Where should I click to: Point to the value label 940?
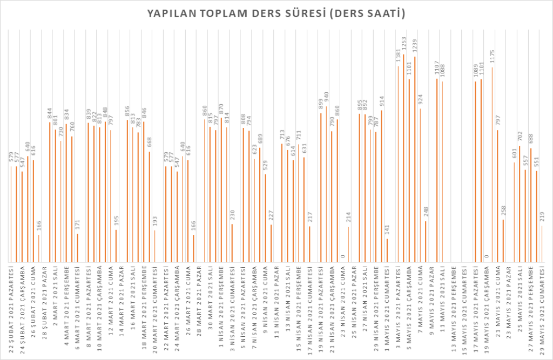point(326,98)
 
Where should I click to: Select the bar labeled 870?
point(221,189)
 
